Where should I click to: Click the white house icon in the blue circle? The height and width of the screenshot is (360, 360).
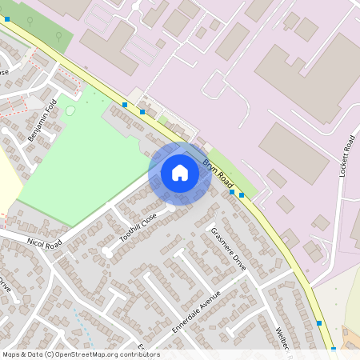click(180, 173)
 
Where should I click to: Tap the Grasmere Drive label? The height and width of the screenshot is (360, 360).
click(227, 245)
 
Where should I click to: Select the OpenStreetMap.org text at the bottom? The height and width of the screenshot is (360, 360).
click(86, 354)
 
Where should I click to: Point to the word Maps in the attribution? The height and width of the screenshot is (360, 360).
click(11, 354)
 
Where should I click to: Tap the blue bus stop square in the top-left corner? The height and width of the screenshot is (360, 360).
click(6, 18)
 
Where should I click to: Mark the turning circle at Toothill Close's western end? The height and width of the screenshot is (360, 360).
click(106, 252)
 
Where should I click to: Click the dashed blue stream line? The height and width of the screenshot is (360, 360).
click(79, 320)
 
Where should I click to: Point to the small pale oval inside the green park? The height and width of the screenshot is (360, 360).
click(70, 110)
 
